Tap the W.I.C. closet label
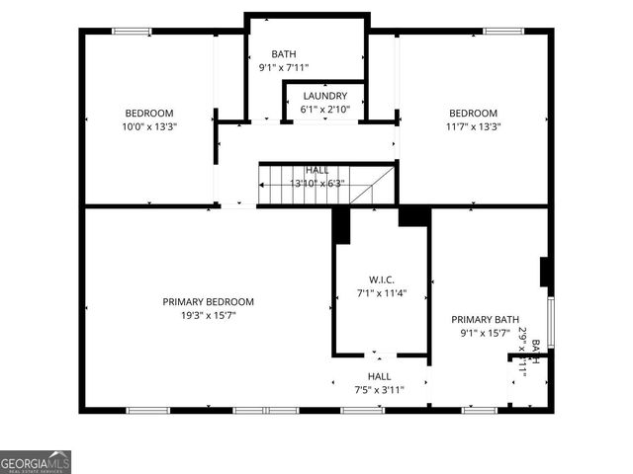(382, 279)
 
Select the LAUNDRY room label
(325, 96)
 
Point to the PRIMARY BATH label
(486, 319)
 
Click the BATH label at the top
(284, 54)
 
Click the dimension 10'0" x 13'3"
(149, 126)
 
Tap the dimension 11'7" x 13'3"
(472, 126)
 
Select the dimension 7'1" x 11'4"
(382, 293)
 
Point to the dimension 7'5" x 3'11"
(380, 390)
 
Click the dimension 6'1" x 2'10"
(325, 110)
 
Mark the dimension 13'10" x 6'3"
(317, 183)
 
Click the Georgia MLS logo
(36, 462)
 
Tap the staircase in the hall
(326, 185)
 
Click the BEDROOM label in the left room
(149, 113)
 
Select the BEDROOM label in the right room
(472, 113)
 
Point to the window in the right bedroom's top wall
(501, 32)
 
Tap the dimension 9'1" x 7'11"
(284, 68)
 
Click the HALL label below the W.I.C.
(380, 376)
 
